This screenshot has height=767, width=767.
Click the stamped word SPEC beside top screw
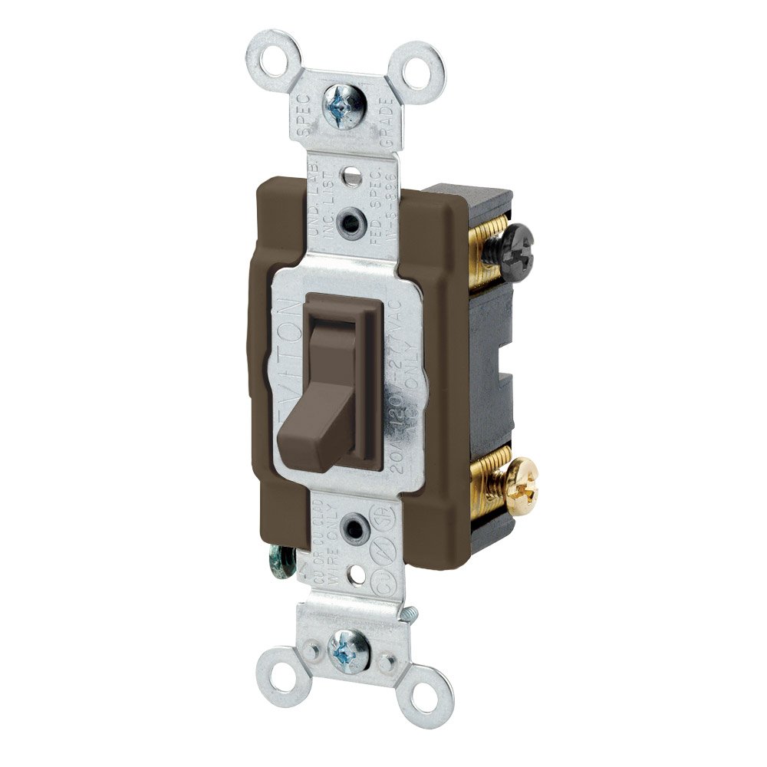click(303, 115)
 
